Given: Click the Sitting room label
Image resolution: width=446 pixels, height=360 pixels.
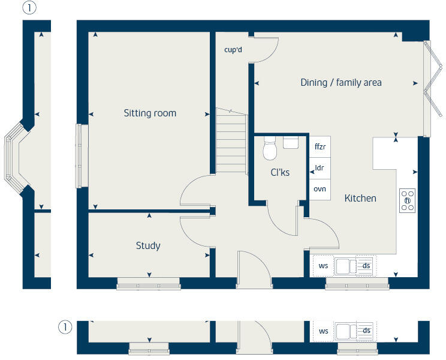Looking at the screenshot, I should [150, 113].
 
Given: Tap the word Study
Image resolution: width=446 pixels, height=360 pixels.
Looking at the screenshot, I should [148, 245].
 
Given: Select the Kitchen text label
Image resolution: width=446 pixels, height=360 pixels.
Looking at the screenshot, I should [360, 198].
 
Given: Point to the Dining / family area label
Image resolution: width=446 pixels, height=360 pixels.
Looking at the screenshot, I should [340, 83].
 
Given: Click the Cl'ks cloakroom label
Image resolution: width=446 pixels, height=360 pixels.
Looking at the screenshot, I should [279, 172].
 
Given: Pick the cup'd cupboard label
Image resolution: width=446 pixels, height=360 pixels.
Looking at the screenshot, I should [233, 50].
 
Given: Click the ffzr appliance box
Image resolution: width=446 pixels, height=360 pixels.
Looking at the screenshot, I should [320, 146].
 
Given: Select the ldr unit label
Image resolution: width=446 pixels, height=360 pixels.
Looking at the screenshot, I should [320, 167].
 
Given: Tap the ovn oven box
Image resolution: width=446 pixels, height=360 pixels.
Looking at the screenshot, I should [320, 189].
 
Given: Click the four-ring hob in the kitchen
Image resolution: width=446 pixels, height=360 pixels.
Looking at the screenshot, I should [408, 200].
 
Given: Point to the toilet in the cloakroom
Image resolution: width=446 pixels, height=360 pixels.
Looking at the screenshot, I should [270, 148].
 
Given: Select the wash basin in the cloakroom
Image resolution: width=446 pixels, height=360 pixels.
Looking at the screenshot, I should [291, 142].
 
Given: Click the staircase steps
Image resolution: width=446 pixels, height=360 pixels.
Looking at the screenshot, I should [231, 142].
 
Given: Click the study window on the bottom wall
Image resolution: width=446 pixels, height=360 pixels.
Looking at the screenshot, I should [148, 284].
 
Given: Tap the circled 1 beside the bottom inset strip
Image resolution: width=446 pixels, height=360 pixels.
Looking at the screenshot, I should [65, 328].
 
